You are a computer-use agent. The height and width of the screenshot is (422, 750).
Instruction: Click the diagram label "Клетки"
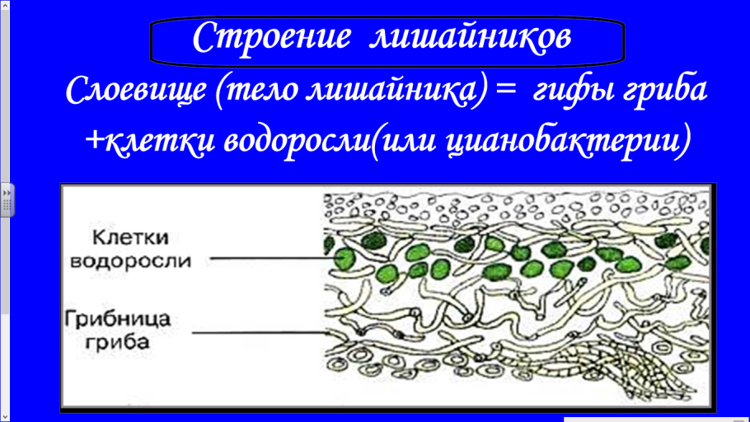point(130,237)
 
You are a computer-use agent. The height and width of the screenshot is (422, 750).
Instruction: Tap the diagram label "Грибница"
point(117,317)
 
